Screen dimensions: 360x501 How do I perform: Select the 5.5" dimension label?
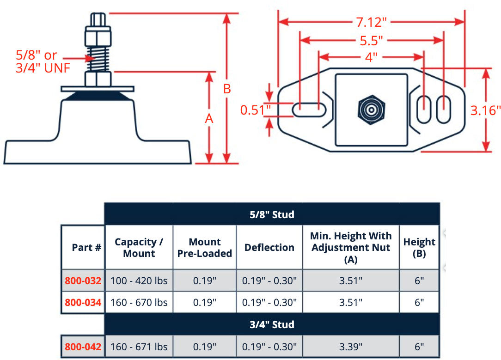pyautogui.click(x=372, y=41)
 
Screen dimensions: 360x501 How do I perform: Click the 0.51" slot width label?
pyautogui.click(x=255, y=110)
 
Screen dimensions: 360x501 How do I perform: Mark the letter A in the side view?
pyautogui.click(x=209, y=119)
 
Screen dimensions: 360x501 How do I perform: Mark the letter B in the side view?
pyautogui.click(x=227, y=89)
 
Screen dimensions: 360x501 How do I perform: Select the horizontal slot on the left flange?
pyautogui.click(x=308, y=110)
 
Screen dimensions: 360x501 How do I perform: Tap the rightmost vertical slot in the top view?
pyautogui.click(x=443, y=110)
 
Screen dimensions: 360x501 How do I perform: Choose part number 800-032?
pyautogui.click(x=83, y=281)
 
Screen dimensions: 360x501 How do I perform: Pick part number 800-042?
pyautogui.click(x=83, y=347)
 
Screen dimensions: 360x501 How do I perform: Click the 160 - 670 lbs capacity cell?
pyautogui.click(x=139, y=303)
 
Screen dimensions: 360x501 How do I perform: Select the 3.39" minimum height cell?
pyautogui.click(x=351, y=347)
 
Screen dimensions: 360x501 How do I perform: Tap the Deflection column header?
pyautogui.click(x=269, y=248)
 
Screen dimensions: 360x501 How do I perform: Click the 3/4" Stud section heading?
pyautogui.click(x=272, y=324)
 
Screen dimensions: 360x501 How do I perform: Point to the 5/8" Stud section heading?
pyautogui.click(x=272, y=214)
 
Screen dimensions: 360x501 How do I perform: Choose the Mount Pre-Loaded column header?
pyautogui.click(x=205, y=248)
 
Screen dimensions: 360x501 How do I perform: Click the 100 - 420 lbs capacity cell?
pyautogui.click(x=139, y=281)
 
